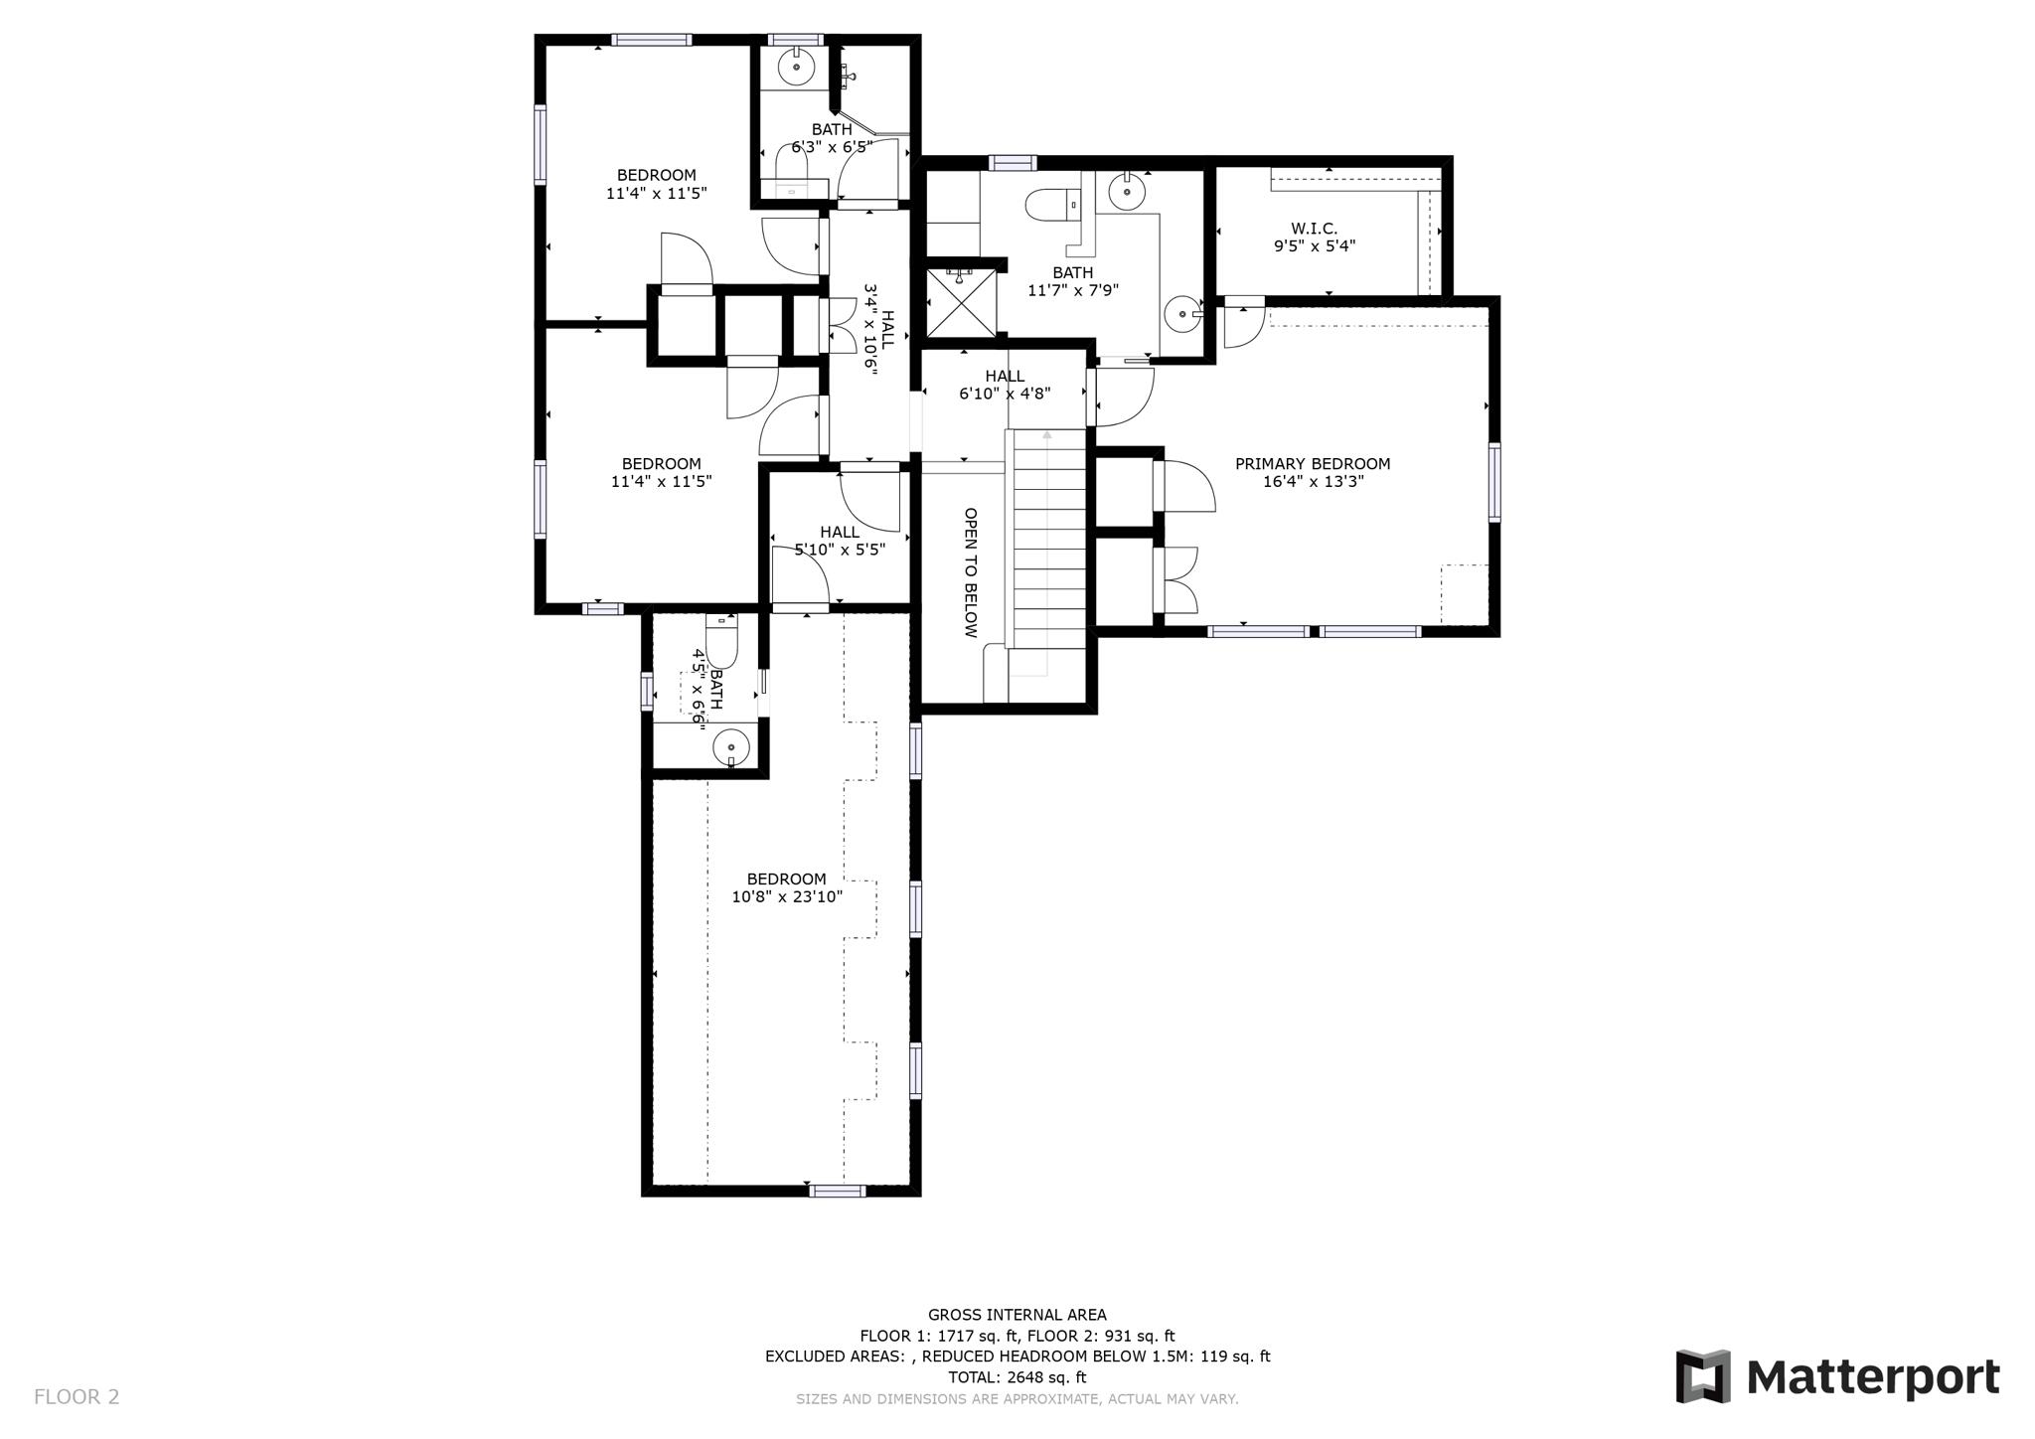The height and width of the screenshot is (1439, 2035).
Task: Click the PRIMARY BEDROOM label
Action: (x=1312, y=464)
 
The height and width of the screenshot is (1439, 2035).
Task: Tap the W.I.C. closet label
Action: (x=1314, y=229)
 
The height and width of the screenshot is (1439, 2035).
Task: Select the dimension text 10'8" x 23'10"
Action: (x=787, y=896)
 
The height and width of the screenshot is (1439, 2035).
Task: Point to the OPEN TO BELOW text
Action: (x=971, y=572)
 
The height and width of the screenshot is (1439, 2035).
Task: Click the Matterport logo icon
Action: (x=1703, y=1376)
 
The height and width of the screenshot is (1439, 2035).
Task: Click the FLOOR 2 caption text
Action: (x=77, y=1396)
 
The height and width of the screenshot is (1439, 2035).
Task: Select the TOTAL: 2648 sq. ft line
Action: (x=1017, y=1377)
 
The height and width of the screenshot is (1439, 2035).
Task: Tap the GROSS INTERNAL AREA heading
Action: (x=1017, y=1315)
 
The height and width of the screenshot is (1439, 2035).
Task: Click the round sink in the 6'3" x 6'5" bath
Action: (x=796, y=68)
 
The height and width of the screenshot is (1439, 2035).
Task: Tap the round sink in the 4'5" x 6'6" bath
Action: (x=731, y=745)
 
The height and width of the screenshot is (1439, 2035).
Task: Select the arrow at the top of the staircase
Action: (x=1046, y=434)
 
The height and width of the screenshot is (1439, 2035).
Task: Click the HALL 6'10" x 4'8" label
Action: (x=1005, y=385)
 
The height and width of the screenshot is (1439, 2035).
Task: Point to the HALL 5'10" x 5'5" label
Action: (x=840, y=541)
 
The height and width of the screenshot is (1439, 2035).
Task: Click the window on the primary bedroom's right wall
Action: (x=1493, y=483)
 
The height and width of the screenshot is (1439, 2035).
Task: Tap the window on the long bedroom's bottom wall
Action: (x=837, y=1191)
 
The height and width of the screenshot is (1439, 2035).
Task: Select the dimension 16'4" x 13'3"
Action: (x=1312, y=482)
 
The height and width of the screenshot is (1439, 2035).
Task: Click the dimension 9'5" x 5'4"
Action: (x=1314, y=246)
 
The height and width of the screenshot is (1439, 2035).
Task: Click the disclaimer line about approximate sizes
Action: (x=1017, y=1399)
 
